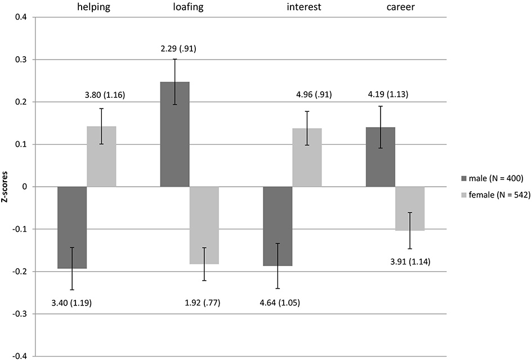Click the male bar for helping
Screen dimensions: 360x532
[x=72, y=227]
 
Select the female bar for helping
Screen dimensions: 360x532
[x=101, y=156]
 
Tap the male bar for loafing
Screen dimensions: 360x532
[x=175, y=134]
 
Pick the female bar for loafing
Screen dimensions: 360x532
[x=204, y=225]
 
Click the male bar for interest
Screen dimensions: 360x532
[x=278, y=226]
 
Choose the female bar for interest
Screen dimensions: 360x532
[x=307, y=157]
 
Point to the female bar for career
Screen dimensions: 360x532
[x=410, y=209]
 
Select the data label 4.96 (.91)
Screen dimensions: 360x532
[x=309, y=94]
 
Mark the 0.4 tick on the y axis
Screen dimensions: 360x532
[x=21, y=17]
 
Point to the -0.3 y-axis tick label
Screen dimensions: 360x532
[x=20, y=314]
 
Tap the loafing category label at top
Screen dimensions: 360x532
[x=175, y=7]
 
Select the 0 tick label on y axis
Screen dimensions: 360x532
[x=25, y=187]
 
